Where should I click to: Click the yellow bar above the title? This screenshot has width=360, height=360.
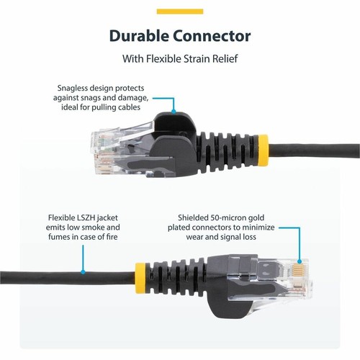point(180,12)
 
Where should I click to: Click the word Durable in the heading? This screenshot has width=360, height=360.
point(140,35)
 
